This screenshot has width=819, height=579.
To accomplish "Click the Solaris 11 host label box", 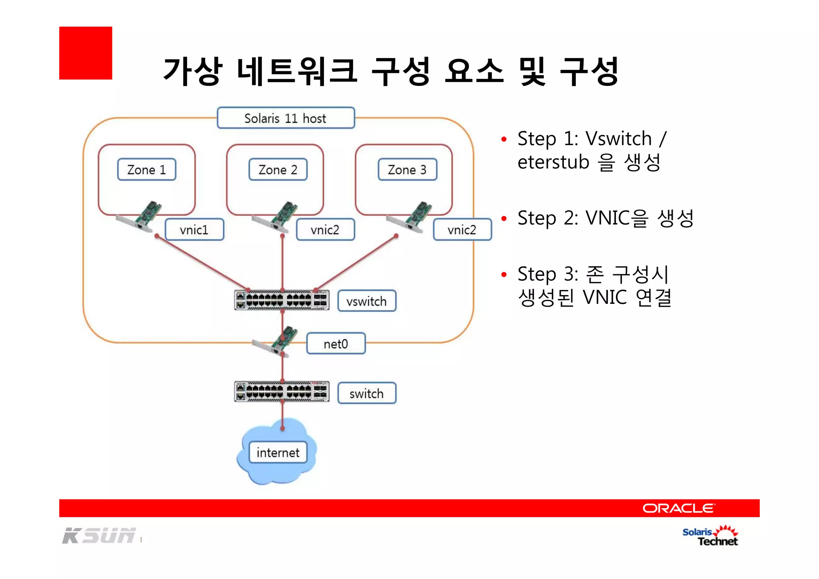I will pos(286,118).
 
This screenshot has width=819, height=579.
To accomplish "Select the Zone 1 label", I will pos(146,170).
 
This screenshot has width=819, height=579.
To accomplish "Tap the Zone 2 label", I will pos(278,170).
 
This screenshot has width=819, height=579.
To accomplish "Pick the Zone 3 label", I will pos(407,170).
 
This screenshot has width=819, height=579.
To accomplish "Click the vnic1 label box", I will pos(194,230).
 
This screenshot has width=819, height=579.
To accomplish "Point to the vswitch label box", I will pos(366,301).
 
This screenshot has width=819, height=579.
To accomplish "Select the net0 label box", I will pos(336,344).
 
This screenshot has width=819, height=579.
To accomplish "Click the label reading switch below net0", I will pos(366,393).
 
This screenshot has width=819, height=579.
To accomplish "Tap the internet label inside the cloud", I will pos(278,452).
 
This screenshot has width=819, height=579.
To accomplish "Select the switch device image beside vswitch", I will pos(282,300).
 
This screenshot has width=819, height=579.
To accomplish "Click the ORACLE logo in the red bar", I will pos(678,508).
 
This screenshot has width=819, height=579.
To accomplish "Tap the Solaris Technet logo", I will pos(710,536).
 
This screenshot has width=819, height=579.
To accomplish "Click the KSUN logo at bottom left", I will pos(99,536).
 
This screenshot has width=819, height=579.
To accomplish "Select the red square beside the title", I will pos(86,53).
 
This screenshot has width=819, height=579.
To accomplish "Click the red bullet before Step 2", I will pos(504,219).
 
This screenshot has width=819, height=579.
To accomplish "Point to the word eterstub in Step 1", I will pos(553,162).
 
